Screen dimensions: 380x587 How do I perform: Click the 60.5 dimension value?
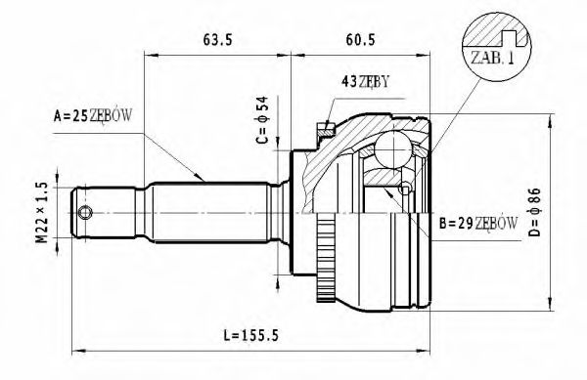pos(362,42)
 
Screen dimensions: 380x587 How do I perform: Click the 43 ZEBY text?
pos(366,81)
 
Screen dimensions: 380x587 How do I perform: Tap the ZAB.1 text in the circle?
pos(492,58)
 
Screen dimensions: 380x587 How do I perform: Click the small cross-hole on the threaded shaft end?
pos(86,213)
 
